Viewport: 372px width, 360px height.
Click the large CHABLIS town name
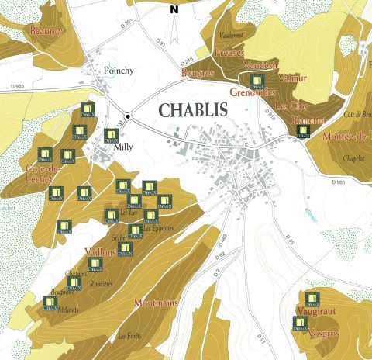tap(193, 109)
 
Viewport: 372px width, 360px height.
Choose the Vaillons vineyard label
tap(98, 252)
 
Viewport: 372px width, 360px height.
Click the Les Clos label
tap(291, 106)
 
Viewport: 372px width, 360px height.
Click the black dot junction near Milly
tap(129, 116)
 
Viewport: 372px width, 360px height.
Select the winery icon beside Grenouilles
tap(254, 80)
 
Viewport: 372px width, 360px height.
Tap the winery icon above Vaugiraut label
tap(312, 298)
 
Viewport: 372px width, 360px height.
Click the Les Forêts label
tap(129, 337)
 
